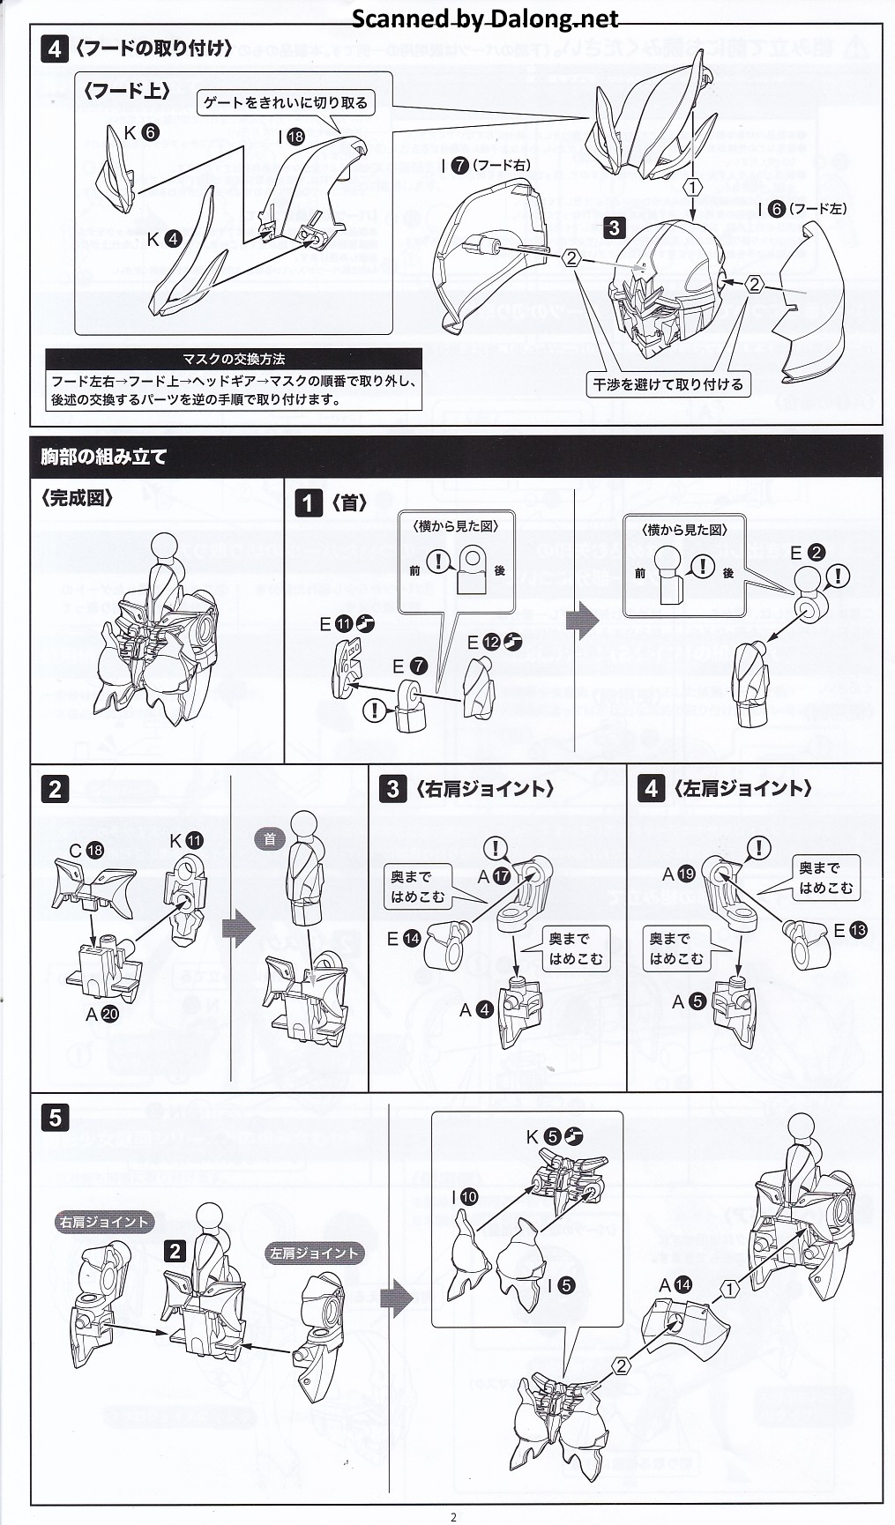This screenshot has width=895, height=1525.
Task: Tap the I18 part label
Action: [x=291, y=137]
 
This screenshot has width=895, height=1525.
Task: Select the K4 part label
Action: [x=164, y=239]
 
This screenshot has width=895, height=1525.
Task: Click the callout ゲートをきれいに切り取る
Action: [x=286, y=103]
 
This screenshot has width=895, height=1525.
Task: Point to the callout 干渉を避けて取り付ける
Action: [x=668, y=384]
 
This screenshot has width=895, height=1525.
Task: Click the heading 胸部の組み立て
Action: [x=103, y=457]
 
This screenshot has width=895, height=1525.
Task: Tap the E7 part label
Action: [x=410, y=666]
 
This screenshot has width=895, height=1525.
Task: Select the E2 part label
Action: [x=807, y=553]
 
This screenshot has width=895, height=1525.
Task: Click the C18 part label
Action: [x=86, y=851]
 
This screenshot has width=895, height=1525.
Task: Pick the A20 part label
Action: [x=102, y=1015]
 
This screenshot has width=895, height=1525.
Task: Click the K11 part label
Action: [x=186, y=840]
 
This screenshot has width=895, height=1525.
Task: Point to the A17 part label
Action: [x=494, y=876]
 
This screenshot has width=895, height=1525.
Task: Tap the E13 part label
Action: [x=851, y=930]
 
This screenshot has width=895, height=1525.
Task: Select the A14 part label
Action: [x=675, y=1285]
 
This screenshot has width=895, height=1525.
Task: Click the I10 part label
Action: [x=465, y=1196]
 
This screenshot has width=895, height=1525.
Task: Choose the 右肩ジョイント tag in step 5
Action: [x=103, y=1222]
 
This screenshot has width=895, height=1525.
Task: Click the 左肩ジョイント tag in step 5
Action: [x=315, y=1253]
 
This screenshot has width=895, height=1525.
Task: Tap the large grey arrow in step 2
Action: [x=238, y=929]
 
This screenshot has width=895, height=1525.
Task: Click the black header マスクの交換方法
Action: [x=234, y=359]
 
